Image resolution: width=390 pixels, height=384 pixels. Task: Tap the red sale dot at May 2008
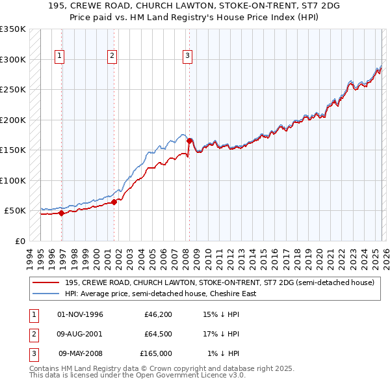[189, 141]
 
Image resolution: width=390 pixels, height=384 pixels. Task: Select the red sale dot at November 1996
[62, 213]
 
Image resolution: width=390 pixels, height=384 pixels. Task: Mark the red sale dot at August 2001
[114, 202]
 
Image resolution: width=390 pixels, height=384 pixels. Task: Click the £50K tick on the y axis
[14, 211]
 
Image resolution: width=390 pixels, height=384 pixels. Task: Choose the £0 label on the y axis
[19, 241]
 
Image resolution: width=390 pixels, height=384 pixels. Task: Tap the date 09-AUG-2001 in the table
[80, 334]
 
